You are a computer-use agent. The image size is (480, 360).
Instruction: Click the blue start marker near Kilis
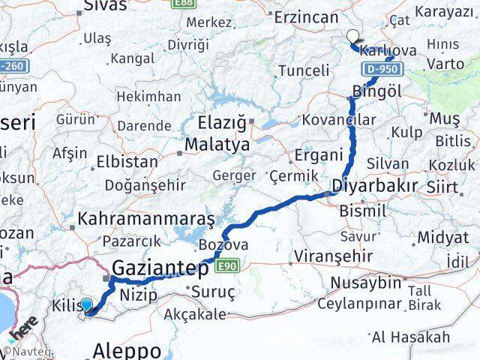86,305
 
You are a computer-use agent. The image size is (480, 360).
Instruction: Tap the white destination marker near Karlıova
352,35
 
